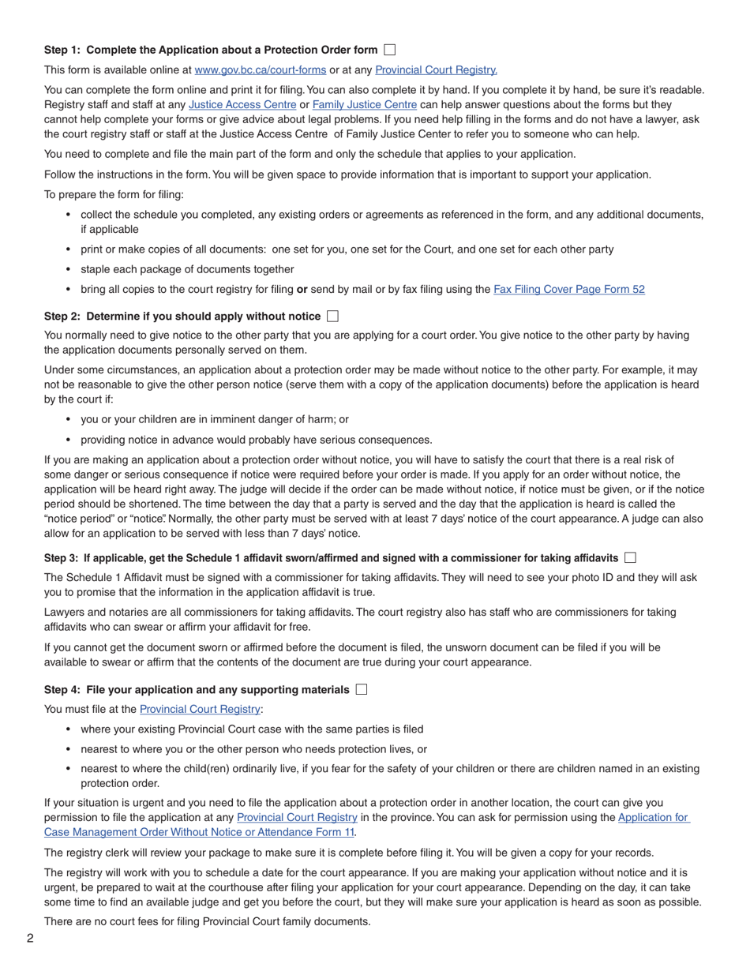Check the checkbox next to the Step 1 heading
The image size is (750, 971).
[x=389, y=50]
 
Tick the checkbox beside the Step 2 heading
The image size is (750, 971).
[x=332, y=317]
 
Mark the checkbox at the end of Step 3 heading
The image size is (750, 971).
[x=629, y=558]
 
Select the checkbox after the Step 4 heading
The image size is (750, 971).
[x=362, y=690]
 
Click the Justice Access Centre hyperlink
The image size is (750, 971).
[x=242, y=105]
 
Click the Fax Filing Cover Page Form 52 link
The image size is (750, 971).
[x=568, y=290]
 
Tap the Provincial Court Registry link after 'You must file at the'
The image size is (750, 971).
[x=200, y=710]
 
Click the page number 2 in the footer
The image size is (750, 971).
[x=30, y=939]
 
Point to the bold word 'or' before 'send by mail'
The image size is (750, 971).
[x=302, y=290]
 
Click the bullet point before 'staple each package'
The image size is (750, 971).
[x=68, y=270]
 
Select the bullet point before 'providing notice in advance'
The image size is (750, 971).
[x=68, y=441]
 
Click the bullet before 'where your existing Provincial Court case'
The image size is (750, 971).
[x=68, y=730]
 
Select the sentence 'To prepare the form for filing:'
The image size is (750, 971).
[x=114, y=195]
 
